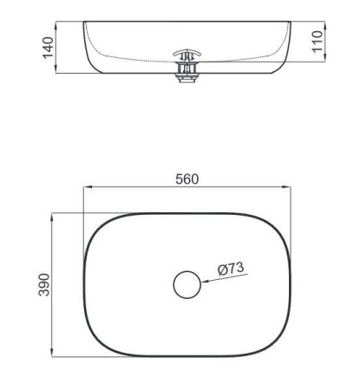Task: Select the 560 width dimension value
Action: click(x=187, y=179)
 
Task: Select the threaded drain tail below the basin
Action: click(x=187, y=77)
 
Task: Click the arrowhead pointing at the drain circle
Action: click(x=206, y=280)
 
